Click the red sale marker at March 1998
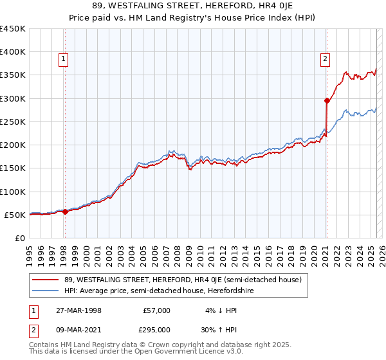click(x=65, y=212)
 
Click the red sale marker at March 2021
click(x=327, y=100)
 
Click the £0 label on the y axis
click(x=20, y=238)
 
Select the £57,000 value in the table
click(x=156, y=310)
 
